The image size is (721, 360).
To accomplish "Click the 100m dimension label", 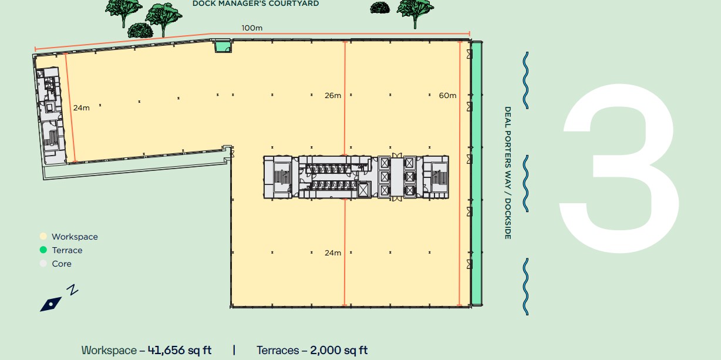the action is (252, 28).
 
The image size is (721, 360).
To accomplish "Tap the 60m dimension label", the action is (447, 96).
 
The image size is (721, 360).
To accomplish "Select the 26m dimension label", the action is (333, 96).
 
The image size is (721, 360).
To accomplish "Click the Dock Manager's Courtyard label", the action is (255, 4).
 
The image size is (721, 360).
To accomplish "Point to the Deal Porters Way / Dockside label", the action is (508, 173).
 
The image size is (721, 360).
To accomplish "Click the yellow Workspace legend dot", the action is (43, 236).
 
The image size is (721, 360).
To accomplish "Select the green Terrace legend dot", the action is (43, 250).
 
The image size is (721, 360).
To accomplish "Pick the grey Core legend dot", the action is (43, 264).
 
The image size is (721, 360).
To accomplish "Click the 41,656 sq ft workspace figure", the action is (180, 351).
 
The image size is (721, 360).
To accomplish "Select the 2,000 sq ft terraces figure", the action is (339, 351).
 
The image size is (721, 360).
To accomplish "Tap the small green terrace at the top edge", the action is (223, 46).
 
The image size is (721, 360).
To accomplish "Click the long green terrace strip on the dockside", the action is (476, 173).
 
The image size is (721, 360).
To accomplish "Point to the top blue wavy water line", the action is (525, 80).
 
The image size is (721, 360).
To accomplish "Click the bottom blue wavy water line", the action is (525, 287).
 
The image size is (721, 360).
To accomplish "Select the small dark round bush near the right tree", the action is (380, 8).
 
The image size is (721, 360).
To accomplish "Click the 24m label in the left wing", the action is (82, 108).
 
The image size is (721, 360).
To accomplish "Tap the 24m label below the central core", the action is (333, 253).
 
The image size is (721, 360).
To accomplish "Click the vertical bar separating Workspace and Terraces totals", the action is (234, 351).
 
